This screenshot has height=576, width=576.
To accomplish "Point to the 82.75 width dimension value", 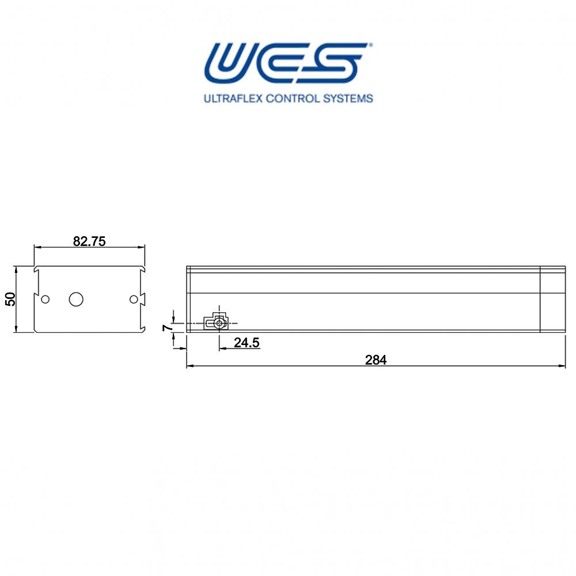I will pyautogui.click(x=89, y=241).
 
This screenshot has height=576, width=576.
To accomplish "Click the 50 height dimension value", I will pyautogui.click(x=10, y=298).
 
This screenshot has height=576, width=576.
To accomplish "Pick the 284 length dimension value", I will pyautogui.click(x=376, y=360).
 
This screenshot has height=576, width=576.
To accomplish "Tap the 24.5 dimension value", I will pyautogui.click(x=247, y=343).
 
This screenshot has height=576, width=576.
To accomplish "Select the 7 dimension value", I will pyautogui.click(x=167, y=327).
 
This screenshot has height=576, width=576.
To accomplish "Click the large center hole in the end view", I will pyautogui.click(x=76, y=299).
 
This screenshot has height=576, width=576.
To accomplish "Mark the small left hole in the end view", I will pyautogui.click(x=46, y=299).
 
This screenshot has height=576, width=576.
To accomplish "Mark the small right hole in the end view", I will pyautogui.click(x=134, y=299).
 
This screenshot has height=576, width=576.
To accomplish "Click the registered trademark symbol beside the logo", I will pyautogui.click(x=370, y=44).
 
